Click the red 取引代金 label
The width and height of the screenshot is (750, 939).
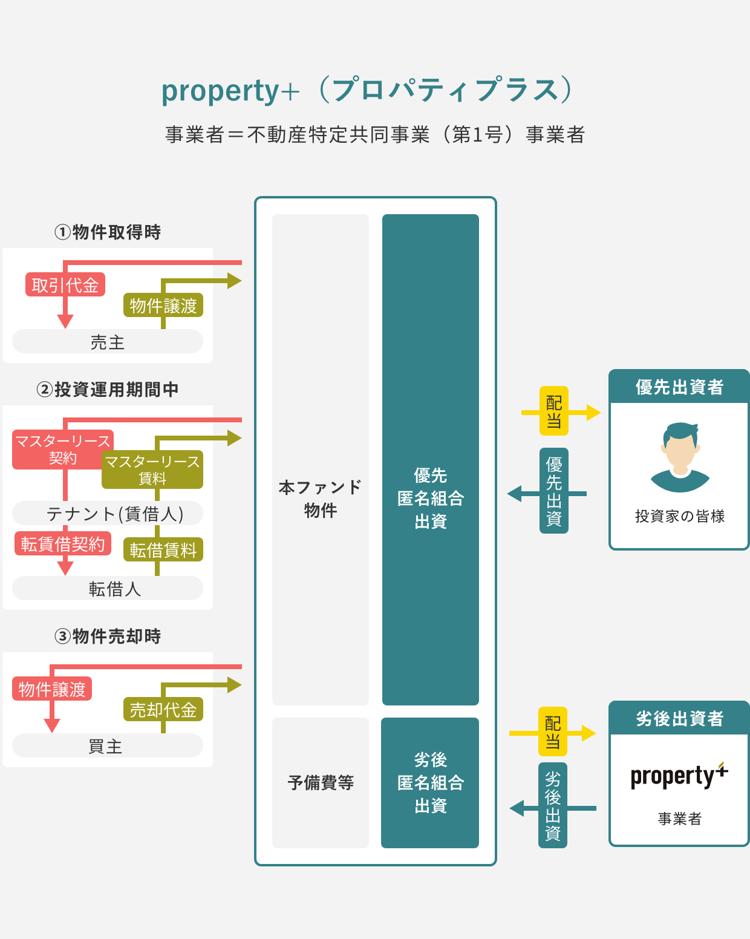[65, 284]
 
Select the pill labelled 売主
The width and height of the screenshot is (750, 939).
[107, 341]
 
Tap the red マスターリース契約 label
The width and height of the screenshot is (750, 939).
[63, 450]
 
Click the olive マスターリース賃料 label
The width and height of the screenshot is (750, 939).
[152, 469]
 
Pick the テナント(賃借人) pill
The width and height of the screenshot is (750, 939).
[107, 513]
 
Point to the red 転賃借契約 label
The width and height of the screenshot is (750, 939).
[63, 543]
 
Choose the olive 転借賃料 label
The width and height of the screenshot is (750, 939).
[163, 549]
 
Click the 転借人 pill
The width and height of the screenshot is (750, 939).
[107, 588]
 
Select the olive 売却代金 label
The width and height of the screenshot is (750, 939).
[163, 709]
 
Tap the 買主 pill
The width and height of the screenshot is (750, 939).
[107, 745]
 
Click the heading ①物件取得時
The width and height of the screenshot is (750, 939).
[107, 232]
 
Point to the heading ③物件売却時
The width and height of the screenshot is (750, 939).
[107, 636]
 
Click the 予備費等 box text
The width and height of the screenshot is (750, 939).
[321, 782]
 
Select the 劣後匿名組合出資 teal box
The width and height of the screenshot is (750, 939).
[430, 783]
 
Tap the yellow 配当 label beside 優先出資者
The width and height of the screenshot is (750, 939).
[553, 411]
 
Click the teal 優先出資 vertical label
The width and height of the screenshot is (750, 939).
[553, 491]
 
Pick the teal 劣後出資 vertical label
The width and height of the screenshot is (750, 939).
[553, 805]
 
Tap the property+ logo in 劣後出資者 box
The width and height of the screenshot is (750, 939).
[679, 776]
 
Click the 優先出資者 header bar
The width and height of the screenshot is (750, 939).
[679, 387]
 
